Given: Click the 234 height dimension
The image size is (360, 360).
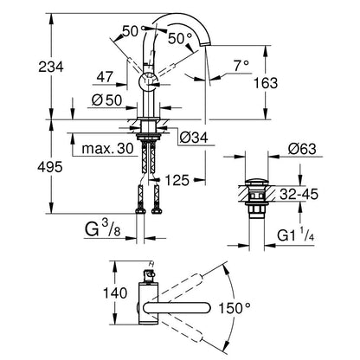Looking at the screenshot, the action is click(51, 67).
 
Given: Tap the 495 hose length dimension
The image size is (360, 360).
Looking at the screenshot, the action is click(50, 167).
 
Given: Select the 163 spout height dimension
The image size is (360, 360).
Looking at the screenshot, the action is click(266, 83).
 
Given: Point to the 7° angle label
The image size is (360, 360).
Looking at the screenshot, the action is click(241, 66).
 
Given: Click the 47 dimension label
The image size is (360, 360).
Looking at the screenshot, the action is click(105, 77).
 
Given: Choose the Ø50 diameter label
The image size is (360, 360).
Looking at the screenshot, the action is click(106, 100).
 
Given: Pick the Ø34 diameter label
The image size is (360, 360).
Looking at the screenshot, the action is click(194, 138).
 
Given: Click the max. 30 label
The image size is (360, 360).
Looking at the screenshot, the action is click(107, 149).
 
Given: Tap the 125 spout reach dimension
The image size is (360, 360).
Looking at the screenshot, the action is click(177, 180).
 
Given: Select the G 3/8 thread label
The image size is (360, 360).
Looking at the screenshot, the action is click(102, 228).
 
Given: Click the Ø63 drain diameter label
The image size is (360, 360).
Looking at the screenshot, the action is click(302, 149).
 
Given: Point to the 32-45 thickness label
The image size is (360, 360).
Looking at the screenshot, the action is click(299, 194).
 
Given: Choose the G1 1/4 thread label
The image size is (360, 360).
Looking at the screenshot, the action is click(296, 235).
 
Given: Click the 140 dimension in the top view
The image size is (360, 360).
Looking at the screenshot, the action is click(115, 292).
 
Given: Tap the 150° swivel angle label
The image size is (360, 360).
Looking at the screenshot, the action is click(234, 308).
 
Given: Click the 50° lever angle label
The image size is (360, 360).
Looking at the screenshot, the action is click(180, 38).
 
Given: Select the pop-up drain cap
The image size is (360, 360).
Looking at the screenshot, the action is click(257, 183).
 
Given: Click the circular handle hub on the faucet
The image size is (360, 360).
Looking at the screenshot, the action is click(148, 82).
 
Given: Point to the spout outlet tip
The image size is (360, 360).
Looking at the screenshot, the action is click(207, 44).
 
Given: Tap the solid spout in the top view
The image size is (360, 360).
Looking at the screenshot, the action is click(177, 308).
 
